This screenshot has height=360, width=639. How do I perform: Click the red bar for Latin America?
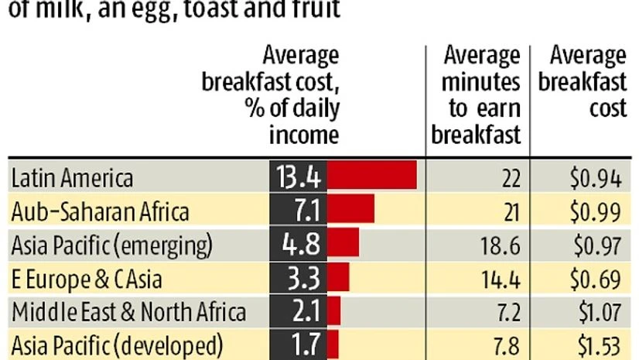coord(372,175)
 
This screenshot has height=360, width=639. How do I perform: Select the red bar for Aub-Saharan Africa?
coord(351,208)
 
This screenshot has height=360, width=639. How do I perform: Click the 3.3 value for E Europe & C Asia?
coord(299,276)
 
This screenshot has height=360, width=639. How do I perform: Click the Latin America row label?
coord(72,177)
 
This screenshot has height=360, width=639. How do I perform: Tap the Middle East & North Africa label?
coord(128,311)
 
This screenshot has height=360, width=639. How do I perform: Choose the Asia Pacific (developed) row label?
coord(117,344)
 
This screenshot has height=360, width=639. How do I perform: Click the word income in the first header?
coord(304,135)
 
